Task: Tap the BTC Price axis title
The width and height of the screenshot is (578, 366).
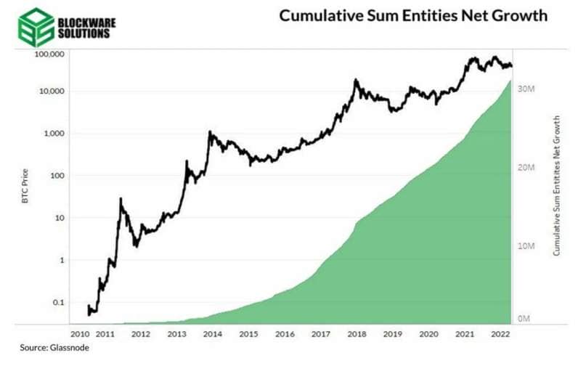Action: point(25,187)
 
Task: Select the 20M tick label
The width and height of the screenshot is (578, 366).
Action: point(526,167)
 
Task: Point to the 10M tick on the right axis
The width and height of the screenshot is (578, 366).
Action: point(526,246)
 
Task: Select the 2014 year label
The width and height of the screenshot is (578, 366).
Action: point(212,335)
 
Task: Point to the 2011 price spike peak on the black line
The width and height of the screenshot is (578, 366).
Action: point(121,199)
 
